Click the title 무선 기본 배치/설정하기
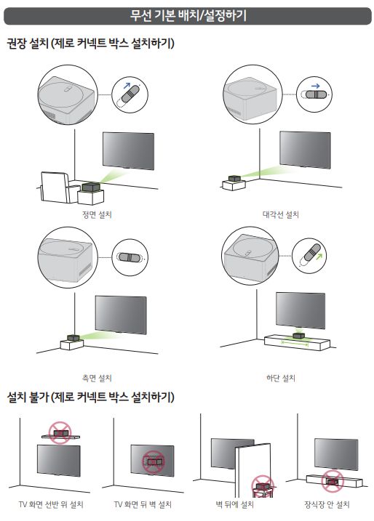[188, 15]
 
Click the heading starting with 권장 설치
[90, 44]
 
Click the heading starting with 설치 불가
[90, 397]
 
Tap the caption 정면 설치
[97, 214]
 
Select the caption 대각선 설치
[281, 214]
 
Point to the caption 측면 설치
[97, 378]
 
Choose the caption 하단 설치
[281, 378]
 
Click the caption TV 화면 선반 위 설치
[51, 504]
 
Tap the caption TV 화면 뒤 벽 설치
[143, 504]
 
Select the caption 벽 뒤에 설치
[234, 504]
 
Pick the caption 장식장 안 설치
[327, 504]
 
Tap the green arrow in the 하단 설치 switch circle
[319, 257]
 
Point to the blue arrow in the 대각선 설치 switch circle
[316, 86]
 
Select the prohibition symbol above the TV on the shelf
[60, 433]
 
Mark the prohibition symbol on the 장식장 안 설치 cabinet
[333, 482]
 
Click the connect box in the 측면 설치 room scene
[73, 338]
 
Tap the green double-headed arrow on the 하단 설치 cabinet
[295, 343]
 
